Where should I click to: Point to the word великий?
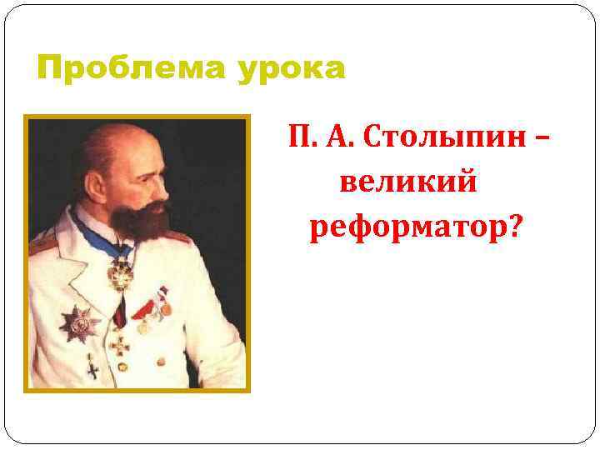click(408, 181)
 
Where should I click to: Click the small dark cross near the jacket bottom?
click(92, 367)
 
